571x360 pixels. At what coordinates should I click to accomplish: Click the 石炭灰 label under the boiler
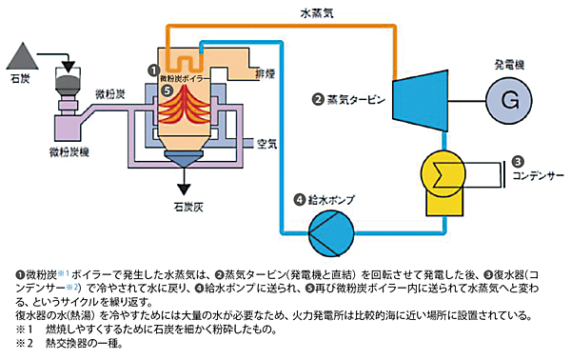177,204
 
